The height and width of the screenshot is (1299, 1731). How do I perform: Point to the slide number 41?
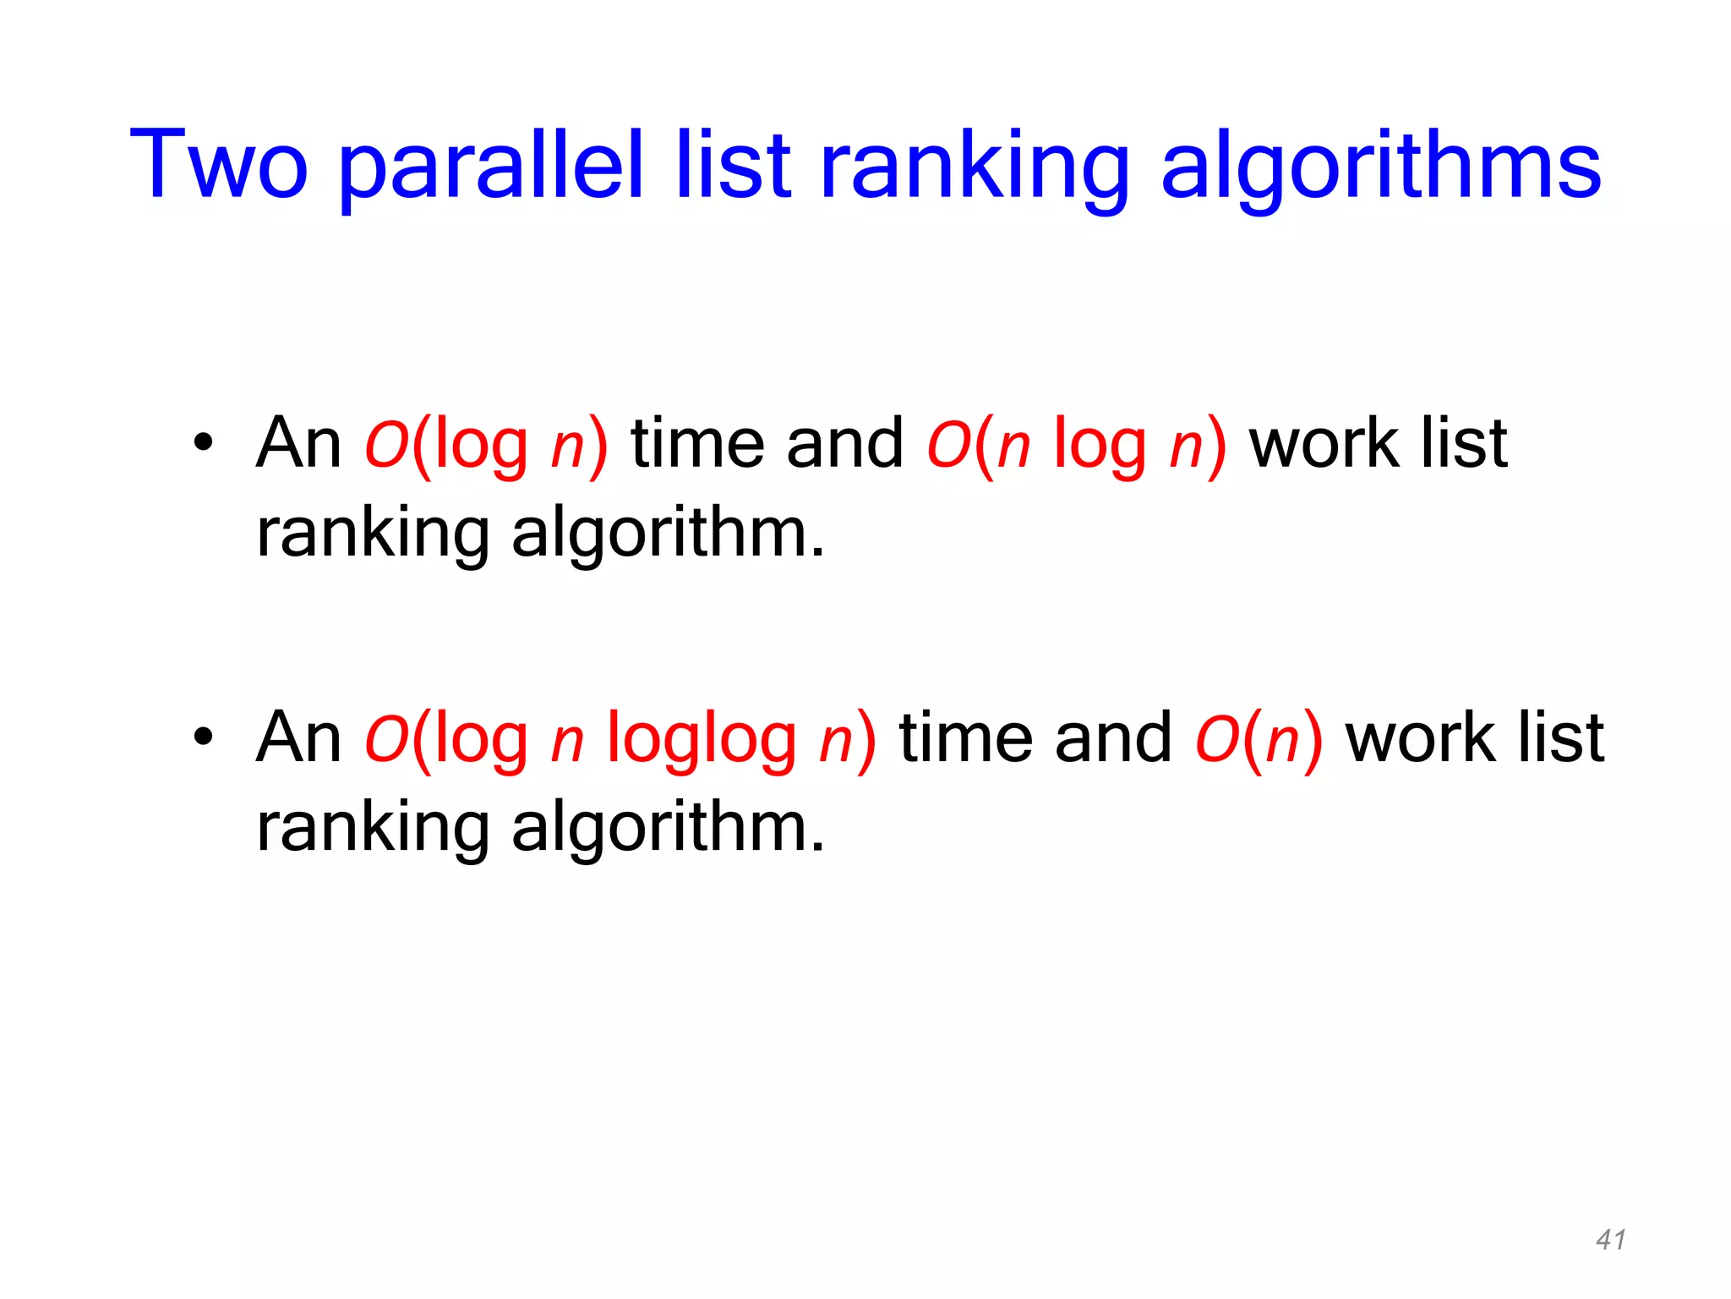[x=1611, y=1239]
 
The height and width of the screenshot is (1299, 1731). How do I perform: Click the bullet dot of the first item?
[x=203, y=442]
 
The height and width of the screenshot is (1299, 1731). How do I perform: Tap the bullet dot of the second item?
[x=203, y=737]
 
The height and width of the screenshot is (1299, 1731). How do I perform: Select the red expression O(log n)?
[x=486, y=444]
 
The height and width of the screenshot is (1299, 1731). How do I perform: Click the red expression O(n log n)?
[x=1076, y=444]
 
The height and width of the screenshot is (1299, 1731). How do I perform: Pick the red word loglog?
[x=702, y=738]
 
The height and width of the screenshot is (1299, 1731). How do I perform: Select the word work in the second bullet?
[x=1420, y=737]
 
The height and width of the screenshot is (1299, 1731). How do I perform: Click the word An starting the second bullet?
[x=298, y=737]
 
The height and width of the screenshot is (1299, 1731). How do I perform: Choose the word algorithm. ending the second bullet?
[x=668, y=827]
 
